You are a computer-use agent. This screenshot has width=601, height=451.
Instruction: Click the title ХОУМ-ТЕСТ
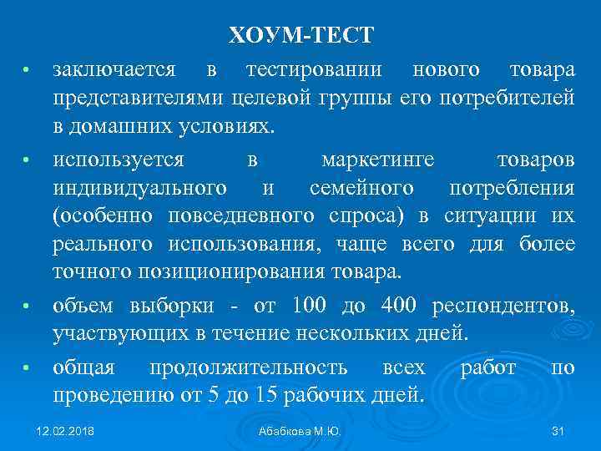[x=301, y=36]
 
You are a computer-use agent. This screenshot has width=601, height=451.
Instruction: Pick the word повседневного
[x=241, y=216]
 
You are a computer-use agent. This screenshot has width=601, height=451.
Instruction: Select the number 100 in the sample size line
[x=310, y=306]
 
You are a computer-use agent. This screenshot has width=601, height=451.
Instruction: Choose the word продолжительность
[x=248, y=367]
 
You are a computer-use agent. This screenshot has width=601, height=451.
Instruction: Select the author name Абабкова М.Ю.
[x=300, y=431]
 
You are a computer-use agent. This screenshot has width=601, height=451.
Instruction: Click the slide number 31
[x=558, y=431]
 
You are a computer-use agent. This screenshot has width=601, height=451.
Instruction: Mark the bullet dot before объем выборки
[x=26, y=307]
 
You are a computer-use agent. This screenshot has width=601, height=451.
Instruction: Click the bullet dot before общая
[x=26, y=368]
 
